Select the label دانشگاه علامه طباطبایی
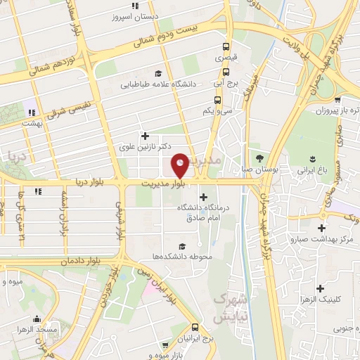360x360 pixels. tap(161, 84)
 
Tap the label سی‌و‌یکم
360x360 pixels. tap(217, 110)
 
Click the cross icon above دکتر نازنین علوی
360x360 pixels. tap(146, 136)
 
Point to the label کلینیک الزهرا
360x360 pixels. tap(321, 300)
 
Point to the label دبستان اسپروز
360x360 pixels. tap(155, 15)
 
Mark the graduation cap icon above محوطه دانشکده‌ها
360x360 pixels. tap(183, 246)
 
